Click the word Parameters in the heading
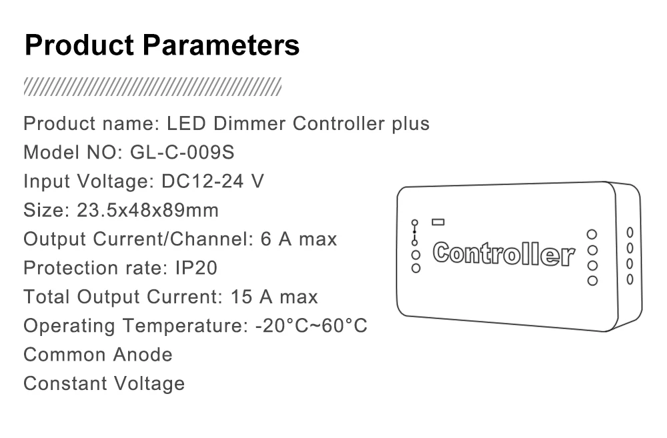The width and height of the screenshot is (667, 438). [221, 46]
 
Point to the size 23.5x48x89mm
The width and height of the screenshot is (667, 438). [147, 211]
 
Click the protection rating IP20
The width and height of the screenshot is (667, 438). [196, 268]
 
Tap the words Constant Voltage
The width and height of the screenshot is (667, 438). [104, 384]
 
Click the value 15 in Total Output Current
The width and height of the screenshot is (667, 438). [241, 297]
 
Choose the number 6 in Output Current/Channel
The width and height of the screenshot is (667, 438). [265, 239]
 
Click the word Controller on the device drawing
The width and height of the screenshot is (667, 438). [504, 253]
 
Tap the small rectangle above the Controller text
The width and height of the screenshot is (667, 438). [438, 221]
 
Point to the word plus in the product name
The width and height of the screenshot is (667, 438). [410, 124]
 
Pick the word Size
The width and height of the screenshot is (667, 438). [43, 211]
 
